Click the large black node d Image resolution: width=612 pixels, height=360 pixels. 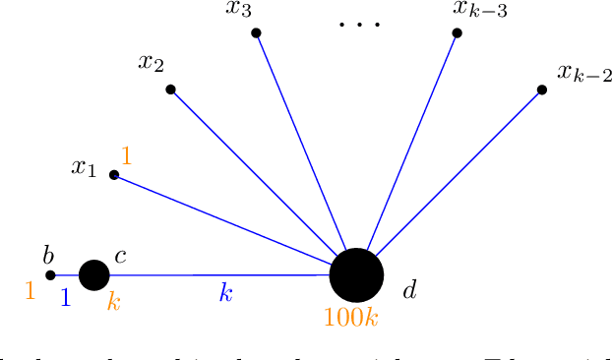coord(356,274)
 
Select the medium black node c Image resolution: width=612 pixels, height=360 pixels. coord(93,274)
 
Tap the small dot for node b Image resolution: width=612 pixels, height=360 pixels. coord(51,274)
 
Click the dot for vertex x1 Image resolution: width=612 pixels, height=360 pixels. coord(114,175)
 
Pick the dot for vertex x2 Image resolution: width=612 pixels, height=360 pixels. coord(170,90)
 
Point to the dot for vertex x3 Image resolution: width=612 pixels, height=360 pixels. coord(256,32)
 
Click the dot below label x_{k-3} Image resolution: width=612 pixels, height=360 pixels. coord(457,32)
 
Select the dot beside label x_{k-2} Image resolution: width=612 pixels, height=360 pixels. coord(542,90)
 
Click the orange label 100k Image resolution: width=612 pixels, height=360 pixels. coord(351,318)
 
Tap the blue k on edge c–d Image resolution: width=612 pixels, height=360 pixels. coord(225,294)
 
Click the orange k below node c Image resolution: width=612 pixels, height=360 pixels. coord(113,301)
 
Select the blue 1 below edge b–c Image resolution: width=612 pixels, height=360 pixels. coord(65,298)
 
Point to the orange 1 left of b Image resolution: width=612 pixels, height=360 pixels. coord(30,291)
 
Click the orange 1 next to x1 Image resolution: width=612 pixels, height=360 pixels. coord(126,155)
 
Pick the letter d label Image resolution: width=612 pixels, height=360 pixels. coord(410,290)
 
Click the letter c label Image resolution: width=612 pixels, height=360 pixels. coord(120,257)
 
